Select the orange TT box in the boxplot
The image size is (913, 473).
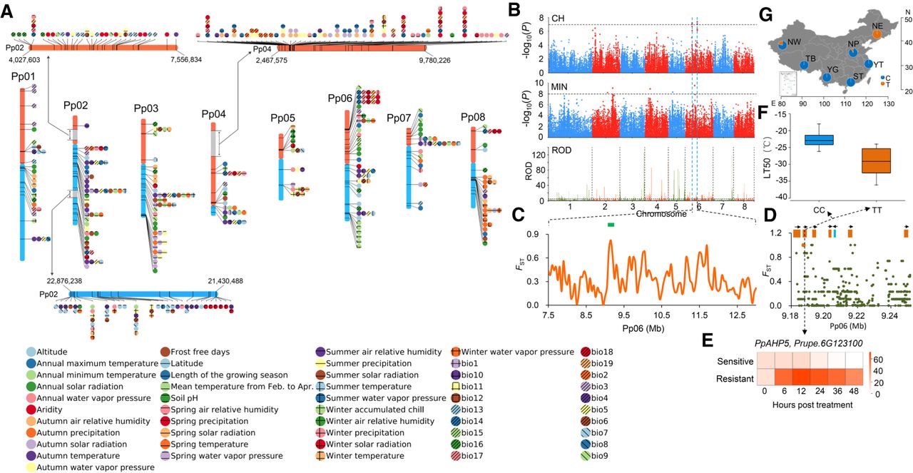[x=876, y=166]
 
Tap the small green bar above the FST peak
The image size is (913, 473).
[x=611, y=225]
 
